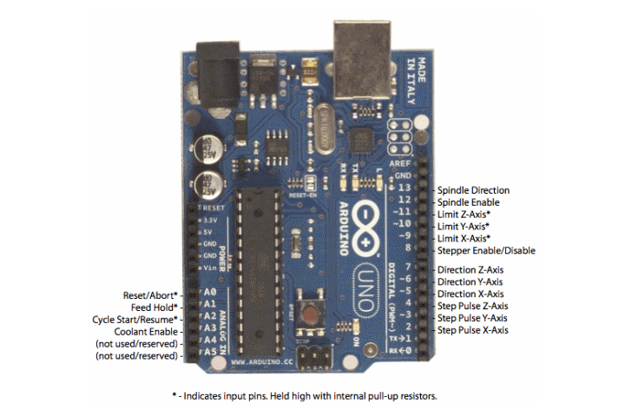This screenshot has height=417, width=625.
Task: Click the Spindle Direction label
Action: click(473, 190)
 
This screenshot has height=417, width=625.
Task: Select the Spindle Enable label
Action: click(468, 202)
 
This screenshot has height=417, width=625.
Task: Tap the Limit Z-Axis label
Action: click(464, 214)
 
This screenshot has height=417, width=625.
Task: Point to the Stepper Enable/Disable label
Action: click(486, 251)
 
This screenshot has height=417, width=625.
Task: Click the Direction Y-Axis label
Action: click(470, 282)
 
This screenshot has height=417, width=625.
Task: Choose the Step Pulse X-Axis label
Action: click(472, 331)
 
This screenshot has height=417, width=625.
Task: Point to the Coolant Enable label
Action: click(147, 332)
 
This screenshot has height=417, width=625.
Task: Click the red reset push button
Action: click(309, 309)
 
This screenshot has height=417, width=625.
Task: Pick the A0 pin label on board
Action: click(208, 294)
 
